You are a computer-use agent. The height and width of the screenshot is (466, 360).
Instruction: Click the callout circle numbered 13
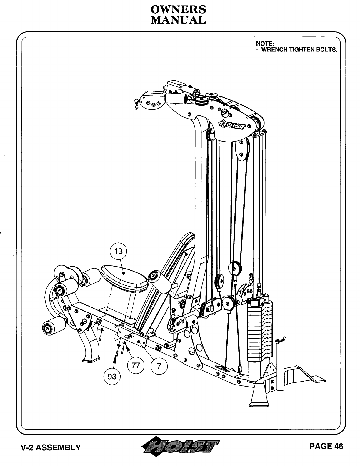[x=118, y=252]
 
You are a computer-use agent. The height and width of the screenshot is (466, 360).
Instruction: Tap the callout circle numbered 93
[x=112, y=376]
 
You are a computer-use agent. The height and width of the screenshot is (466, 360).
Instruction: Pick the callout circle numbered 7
[x=159, y=366]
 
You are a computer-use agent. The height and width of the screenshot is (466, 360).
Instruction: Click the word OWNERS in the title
[x=178, y=9]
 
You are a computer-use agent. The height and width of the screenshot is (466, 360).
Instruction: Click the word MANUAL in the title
[x=178, y=20]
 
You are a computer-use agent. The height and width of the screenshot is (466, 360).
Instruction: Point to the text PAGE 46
[x=326, y=446]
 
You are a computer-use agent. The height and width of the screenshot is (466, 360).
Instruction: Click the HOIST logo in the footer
[x=181, y=446]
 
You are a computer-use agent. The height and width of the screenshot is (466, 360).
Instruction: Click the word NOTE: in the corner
[x=265, y=44]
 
